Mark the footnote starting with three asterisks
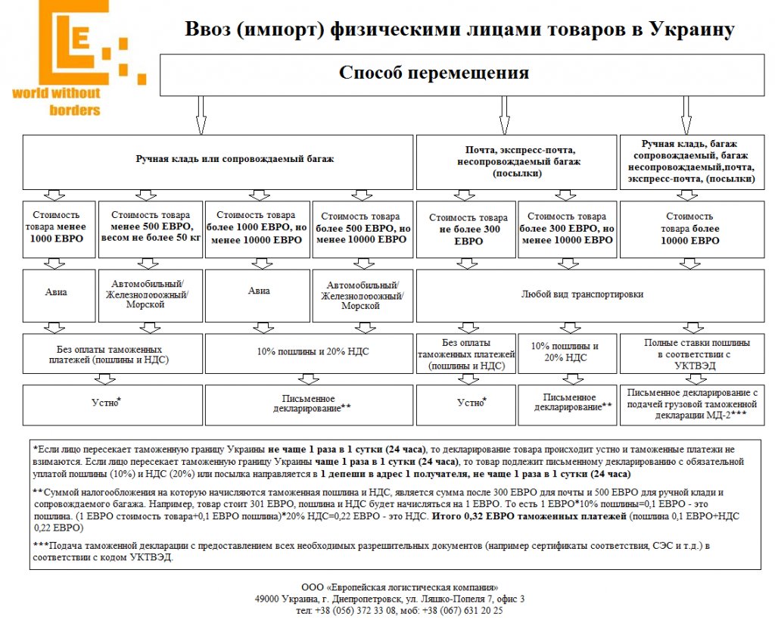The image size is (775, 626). coord(303,551)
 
